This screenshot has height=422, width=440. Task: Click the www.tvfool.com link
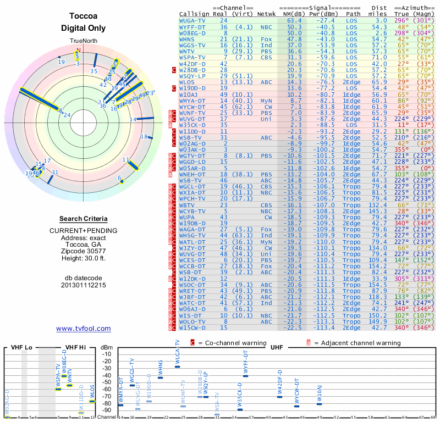click(83, 329)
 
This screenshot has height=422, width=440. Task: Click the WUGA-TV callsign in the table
click(193, 20)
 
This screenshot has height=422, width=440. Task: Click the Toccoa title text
click(84, 16)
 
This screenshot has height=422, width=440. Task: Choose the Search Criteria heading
click(83, 219)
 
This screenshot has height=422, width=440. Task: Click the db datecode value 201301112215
click(83, 285)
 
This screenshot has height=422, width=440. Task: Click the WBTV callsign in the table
click(190, 205)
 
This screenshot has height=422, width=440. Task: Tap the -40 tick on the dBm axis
click(107, 376)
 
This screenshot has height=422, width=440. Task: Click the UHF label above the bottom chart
click(277, 347)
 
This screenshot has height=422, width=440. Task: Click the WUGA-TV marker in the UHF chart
click(177, 367)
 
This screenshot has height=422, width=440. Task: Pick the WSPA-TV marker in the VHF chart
click(58, 389)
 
